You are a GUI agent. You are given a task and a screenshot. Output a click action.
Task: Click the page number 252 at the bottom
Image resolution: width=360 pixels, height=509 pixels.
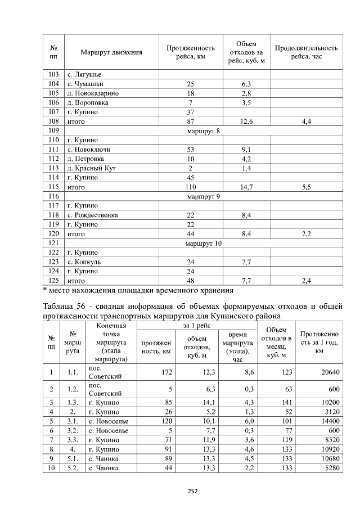tap(192, 491)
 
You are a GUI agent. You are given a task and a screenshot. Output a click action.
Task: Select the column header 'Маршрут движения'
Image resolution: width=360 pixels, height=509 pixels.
tap(111, 53)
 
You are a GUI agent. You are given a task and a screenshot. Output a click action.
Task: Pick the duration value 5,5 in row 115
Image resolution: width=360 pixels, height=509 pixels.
tap(305, 187)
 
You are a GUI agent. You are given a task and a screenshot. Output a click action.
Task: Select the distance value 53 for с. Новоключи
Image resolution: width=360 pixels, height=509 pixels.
tap(190, 150)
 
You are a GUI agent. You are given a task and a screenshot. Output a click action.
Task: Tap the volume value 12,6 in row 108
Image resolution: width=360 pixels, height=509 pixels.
tap(245, 121)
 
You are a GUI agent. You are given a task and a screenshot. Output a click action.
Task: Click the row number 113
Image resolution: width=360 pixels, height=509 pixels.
tap(54, 168)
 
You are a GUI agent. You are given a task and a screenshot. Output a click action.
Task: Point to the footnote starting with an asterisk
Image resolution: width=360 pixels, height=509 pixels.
tap(138, 291)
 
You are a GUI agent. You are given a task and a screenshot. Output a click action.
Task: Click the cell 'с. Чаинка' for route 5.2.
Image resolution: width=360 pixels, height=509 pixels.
tap(101, 468)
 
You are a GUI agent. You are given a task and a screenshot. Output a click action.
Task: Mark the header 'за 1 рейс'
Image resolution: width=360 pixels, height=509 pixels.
tap(196, 326)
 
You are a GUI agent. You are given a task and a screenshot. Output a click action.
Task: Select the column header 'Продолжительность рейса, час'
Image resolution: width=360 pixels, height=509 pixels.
tap(305, 53)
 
